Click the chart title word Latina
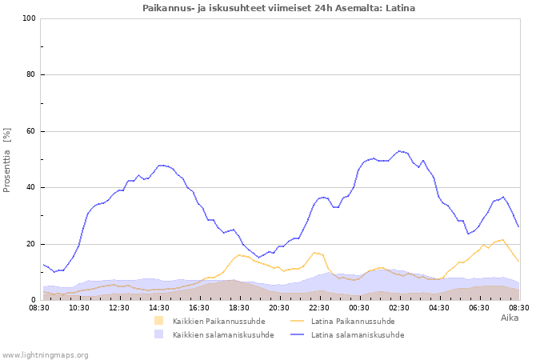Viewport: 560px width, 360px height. click(x=400, y=8)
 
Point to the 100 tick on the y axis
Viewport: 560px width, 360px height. click(x=29, y=18)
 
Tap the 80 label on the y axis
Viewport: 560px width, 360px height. click(x=30, y=74)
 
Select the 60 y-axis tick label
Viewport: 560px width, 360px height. click(x=30, y=131)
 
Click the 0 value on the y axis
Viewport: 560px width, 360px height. click(x=34, y=300)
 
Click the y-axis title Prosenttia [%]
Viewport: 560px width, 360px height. click(x=6, y=160)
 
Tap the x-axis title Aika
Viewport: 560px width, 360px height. click(x=510, y=318)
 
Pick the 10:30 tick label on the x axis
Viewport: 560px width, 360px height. click(x=79, y=308)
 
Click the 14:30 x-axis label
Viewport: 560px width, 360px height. click(x=159, y=308)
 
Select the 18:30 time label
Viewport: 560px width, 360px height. click(x=239, y=308)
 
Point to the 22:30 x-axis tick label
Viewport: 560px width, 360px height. click(x=319, y=308)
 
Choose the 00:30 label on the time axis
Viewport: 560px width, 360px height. click(x=359, y=308)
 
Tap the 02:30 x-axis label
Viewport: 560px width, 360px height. click(x=399, y=308)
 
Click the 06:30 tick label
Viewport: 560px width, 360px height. click(x=479, y=308)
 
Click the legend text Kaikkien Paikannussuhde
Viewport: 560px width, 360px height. click(x=219, y=322)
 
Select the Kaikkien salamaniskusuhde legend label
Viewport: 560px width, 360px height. click(x=223, y=335)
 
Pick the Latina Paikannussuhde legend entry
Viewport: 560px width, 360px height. click(x=353, y=322)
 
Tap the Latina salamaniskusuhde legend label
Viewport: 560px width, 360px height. click(x=358, y=335)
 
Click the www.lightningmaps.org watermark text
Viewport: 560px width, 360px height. click(x=45, y=355)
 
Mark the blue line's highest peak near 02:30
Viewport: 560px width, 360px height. click(x=399, y=151)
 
